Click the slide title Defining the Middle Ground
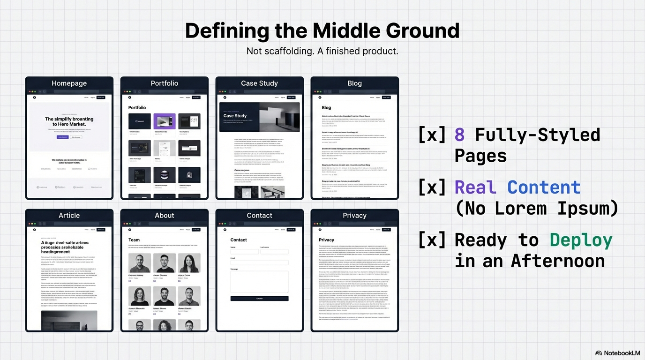pyautogui.click(x=322, y=31)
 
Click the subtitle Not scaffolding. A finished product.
pyautogui.click(x=322, y=51)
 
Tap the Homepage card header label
pyautogui.click(x=69, y=83)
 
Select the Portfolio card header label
pyautogui.click(x=164, y=83)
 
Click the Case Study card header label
pyautogui.click(x=259, y=83)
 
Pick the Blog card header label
pyautogui.click(x=354, y=83)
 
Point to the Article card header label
pyautogui.click(x=69, y=215)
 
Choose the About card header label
pyautogui.click(x=164, y=215)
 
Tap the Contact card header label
pyautogui.click(x=259, y=215)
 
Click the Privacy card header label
pyautogui.click(x=354, y=215)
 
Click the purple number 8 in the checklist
pyautogui.click(x=459, y=135)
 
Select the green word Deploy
pyautogui.click(x=581, y=240)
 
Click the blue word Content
pyautogui.click(x=544, y=187)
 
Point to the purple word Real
pyautogui.click(x=475, y=187)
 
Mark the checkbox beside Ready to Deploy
pyautogui.click(x=432, y=240)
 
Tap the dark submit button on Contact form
pyautogui.click(x=259, y=298)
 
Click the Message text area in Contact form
pyautogui.click(x=259, y=282)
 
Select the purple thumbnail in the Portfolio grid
pyautogui.click(x=165, y=121)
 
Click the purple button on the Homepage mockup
pyautogui.click(x=62, y=137)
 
